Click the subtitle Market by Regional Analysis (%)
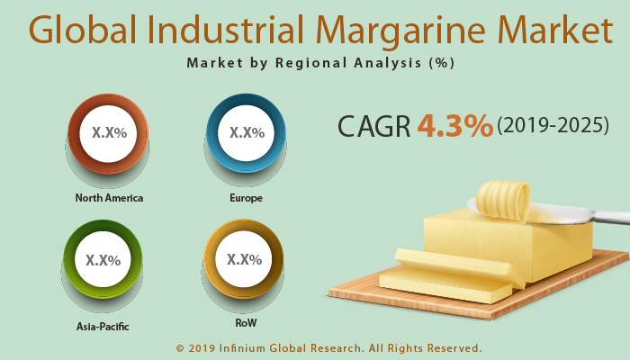[x=320, y=63]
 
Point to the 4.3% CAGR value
[x=454, y=125]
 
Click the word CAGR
[x=373, y=126]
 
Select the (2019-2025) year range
[x=553, y=126]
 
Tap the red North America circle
[x=109, y=133]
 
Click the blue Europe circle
[x=247, y=133]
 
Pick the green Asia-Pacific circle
[x=103, y=261]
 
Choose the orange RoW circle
[x=244, y=260]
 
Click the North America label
[x=109, y=198]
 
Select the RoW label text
[x=244, y=321]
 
